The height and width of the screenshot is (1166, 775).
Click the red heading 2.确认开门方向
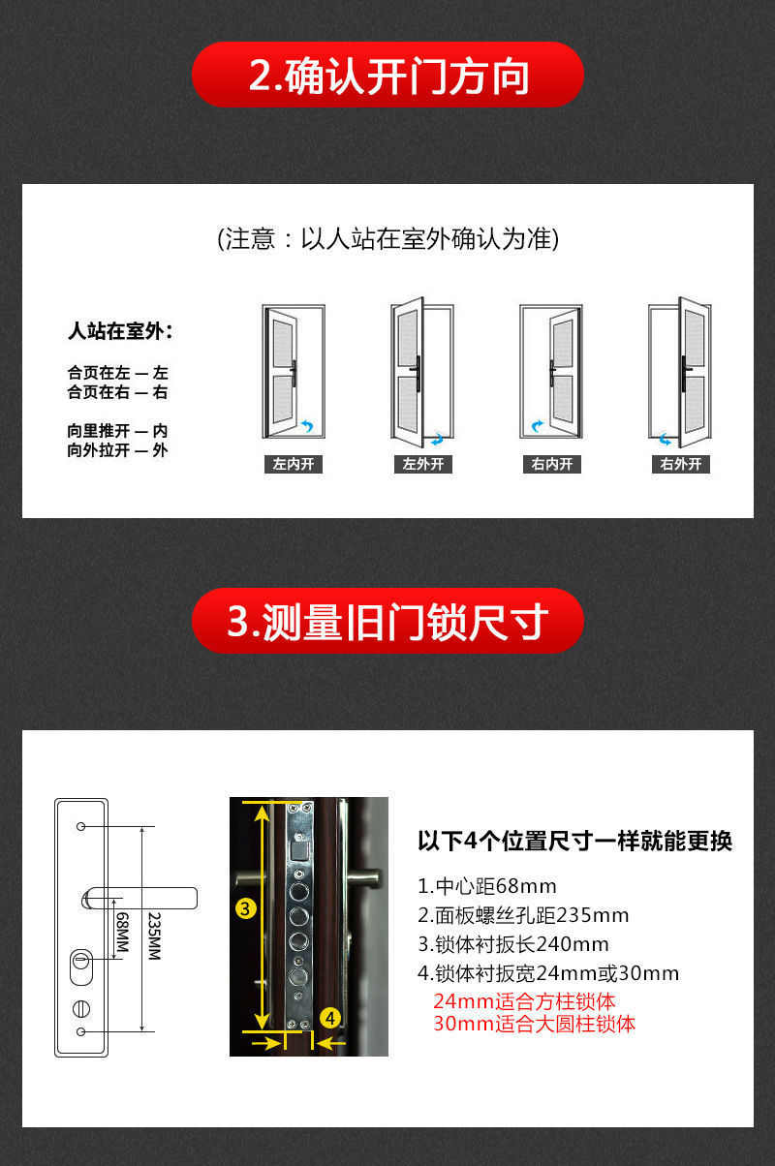(387, 76)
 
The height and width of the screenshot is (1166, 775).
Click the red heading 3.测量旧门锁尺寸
(387, 621)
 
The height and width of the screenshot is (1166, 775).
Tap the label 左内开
(293, 464)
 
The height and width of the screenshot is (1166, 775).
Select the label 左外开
(423, 464)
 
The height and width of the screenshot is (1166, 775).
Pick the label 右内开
(552, 464)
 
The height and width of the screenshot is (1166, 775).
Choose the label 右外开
(681, 464)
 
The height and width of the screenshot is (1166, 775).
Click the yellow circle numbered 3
(246, 908)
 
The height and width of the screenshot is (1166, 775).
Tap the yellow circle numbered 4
(330, 1018)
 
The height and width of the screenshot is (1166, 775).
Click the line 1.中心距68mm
(487, 886)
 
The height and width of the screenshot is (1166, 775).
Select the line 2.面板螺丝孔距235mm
(523, 915)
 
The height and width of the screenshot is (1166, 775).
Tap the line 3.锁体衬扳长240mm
(513, 944)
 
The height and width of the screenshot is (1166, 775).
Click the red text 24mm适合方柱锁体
(524, 1001)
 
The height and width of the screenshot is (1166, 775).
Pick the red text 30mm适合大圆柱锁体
(534, 1024)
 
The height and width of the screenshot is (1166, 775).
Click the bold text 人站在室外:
(120, 332)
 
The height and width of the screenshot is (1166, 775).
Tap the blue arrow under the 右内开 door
(536, 425)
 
